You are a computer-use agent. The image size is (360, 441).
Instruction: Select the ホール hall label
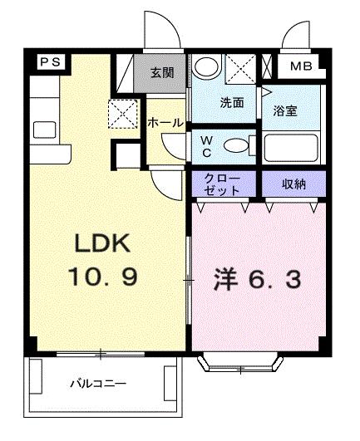(165, 123)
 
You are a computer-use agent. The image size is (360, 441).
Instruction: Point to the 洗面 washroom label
(230, 104)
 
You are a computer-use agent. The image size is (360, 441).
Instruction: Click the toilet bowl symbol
(239, 146)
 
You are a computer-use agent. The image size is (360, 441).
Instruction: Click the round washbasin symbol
(208, 66)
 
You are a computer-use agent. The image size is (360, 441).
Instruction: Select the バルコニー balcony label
(98, 385)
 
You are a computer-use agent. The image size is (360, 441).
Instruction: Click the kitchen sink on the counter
(42, 130)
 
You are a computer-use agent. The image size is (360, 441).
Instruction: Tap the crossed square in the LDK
(122, 111)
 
